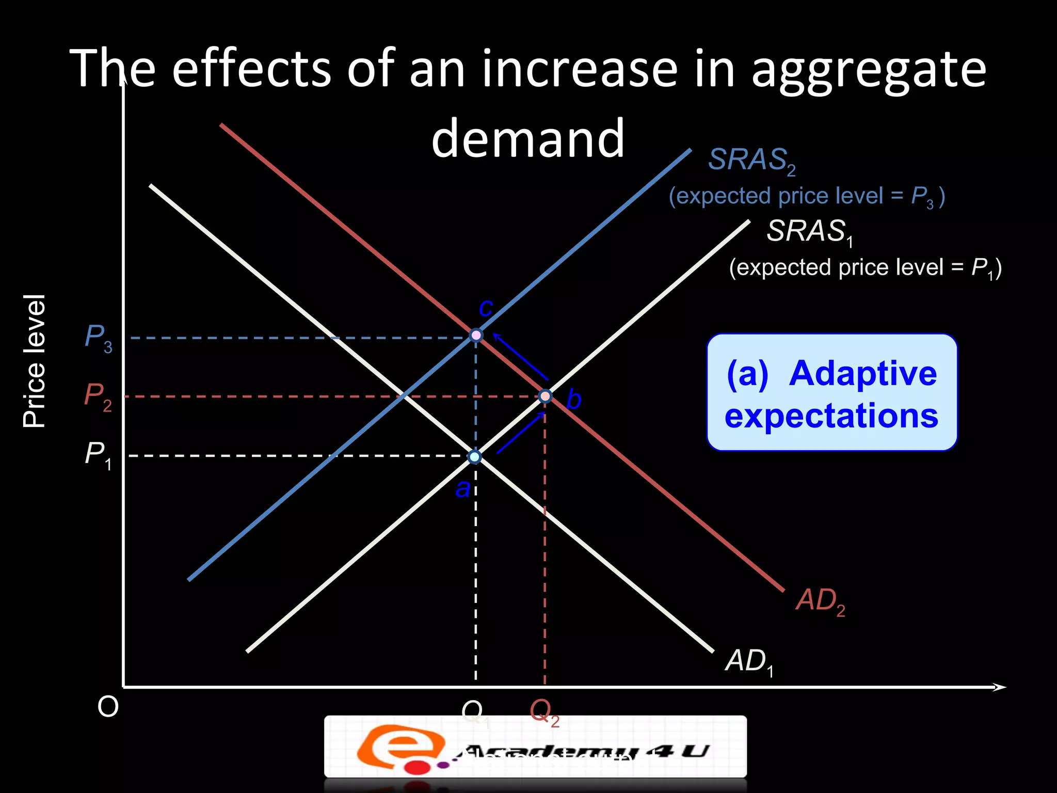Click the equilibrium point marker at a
click(474, 457)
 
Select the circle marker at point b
click(545, 396)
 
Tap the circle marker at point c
click(476, 336)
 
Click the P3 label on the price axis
click(98, 338)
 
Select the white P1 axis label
click(98, 455)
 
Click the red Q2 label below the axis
click(544, 712)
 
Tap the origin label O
click(108, 706)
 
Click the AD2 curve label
click(820, 601)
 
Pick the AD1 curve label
click(749, 662)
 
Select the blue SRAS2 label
click(751, 161)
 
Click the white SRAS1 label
click(809, 232)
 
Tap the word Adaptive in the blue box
click(862, 373)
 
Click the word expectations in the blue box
click(831, 416)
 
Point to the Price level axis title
click(35, 361)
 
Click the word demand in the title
click(527, 138)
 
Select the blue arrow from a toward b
click(520, 433)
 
